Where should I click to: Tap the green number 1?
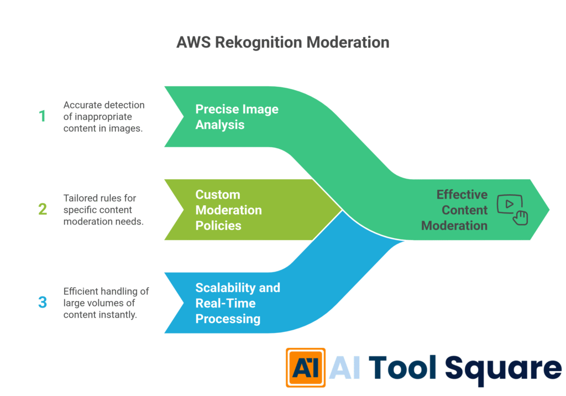pyautogui.click(x=41, y=116)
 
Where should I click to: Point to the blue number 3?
pyautogui.click(x=42, y=303)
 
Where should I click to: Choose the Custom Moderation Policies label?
pyautogui.click(x=229, y=210)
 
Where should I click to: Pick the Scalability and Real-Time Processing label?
pyautogui.click(x=238, y=303)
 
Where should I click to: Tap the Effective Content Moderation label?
pyautogui.click(x=454, y=210)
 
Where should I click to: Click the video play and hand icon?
pyautogui.click(x=512, y=210)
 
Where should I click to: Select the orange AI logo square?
pyautogui.click(x=305, y=367)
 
